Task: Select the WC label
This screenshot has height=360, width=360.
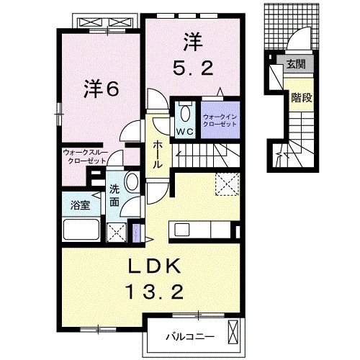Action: point(184,132)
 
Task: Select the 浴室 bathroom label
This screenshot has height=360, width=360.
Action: point(80,205)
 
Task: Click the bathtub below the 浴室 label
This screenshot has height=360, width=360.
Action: point(81,231)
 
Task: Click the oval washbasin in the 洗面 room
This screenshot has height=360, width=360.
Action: point(131,181)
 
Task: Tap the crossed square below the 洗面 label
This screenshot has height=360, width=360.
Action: point(114,232)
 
